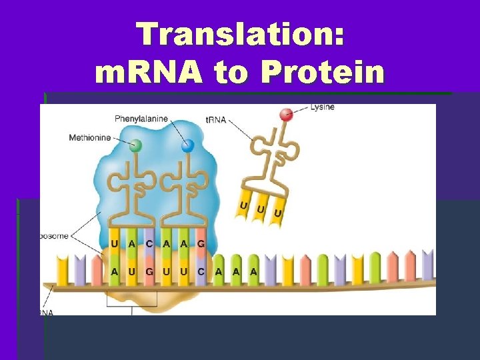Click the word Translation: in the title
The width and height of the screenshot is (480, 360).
point(240,35)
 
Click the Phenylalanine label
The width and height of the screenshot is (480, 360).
point(141,119)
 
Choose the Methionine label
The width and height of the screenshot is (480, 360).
point(91,138)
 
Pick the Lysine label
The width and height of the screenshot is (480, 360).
point(323,107)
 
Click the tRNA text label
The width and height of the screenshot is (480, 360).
point(216,120)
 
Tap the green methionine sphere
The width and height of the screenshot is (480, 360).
point(136,145)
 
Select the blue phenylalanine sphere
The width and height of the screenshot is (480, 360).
point(187,145)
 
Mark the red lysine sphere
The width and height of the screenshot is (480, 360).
point(286,114)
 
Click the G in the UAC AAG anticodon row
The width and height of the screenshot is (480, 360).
point(201,244)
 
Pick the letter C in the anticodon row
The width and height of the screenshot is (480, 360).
point(149,244)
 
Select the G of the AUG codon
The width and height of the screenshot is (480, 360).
point(149,271)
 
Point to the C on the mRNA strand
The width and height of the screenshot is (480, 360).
point(201,271)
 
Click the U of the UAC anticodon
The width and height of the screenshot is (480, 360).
point(115,244)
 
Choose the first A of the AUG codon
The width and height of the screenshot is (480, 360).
point(115,271)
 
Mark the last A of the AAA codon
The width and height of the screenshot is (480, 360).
point(253,271)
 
